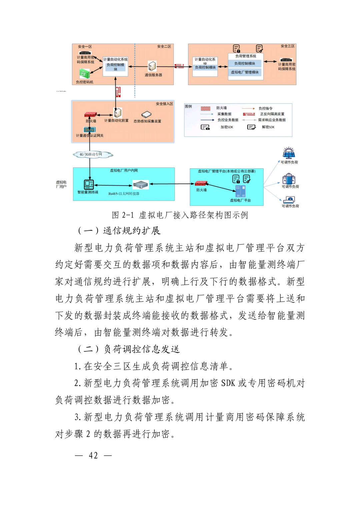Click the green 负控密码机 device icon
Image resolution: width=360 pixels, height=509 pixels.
pyautogui.click(x=84, y=74)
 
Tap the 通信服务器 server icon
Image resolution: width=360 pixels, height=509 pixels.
pyautogui.click(x=152, y=66)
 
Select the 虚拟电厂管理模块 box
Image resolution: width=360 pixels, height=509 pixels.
pyautogui.click(x=245, y=72)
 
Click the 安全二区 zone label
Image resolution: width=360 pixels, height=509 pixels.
pyautogui.click(x=164, y=47)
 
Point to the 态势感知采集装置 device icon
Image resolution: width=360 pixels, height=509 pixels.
pyautogui.click(x=146, y=115)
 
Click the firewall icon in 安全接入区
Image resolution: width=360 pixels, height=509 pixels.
pyautogui.click(x=90, y=115)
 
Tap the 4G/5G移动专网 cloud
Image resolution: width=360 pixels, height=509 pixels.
pyautogui.click(x=93, y=154)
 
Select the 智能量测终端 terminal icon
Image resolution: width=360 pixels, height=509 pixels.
pyautogui.click(x=89, y=184)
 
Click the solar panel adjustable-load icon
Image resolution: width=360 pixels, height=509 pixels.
pyautogui.click(x=289, y=153)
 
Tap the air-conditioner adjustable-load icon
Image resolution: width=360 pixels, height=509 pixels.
pyautogui.click(x=289, y=200)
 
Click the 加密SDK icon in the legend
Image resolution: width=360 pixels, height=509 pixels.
pyautogui.click(x=205, y=127)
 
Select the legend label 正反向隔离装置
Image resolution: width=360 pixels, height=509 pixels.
pyautogui.click(x=272, y=114)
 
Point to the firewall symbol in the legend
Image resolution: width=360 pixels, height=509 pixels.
pyautogui.click(x=205, y=108)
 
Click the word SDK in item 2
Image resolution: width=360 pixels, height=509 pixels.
pyautogui.click(x=228, y=383)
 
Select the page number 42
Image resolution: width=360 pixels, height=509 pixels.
pyautogui.click(x=93, y=455)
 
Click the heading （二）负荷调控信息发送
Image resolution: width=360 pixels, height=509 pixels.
pyautogui.click(x=129, y=349)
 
